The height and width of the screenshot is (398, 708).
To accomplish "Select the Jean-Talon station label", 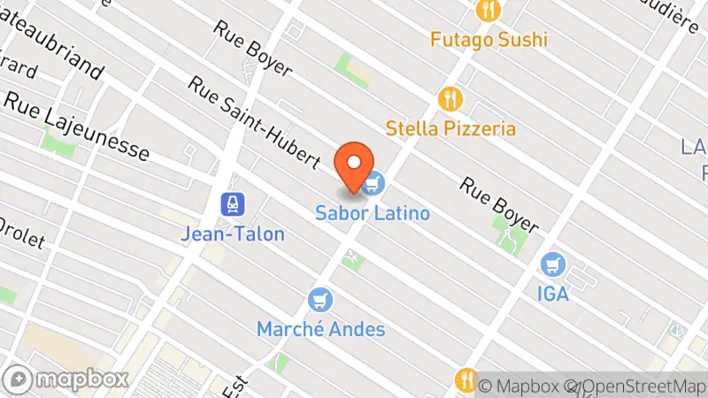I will click(233, 234).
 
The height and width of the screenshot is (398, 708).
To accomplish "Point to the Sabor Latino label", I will click(373, 213).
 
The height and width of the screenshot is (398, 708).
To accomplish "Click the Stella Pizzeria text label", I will click(450, 128).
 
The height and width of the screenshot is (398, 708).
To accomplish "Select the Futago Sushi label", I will click(489, 39).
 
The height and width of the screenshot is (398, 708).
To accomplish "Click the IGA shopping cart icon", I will click(553, 264).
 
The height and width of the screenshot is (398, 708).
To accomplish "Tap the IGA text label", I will click(552, 293).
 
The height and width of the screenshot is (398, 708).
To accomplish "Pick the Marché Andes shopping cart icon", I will click(320, 301).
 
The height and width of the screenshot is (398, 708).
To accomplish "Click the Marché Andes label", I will click(320, 330).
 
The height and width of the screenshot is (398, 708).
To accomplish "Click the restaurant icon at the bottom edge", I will click(466, 380).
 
